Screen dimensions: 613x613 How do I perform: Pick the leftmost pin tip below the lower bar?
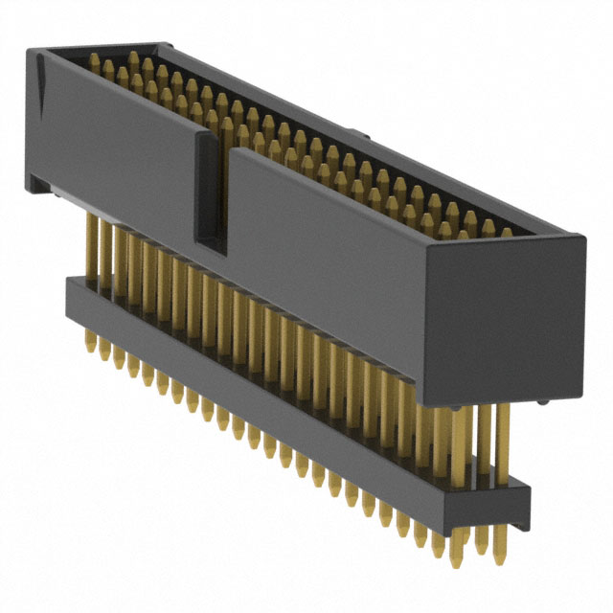coord(89,344)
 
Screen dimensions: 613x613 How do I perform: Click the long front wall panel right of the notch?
coord(326,249)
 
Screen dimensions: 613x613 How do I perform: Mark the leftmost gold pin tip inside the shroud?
coord(95,59)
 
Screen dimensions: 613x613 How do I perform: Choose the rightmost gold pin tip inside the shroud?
coord(506,232)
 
